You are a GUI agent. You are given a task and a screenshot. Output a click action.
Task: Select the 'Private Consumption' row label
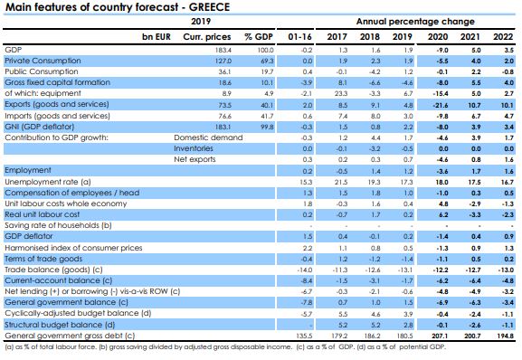(38, 60)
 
